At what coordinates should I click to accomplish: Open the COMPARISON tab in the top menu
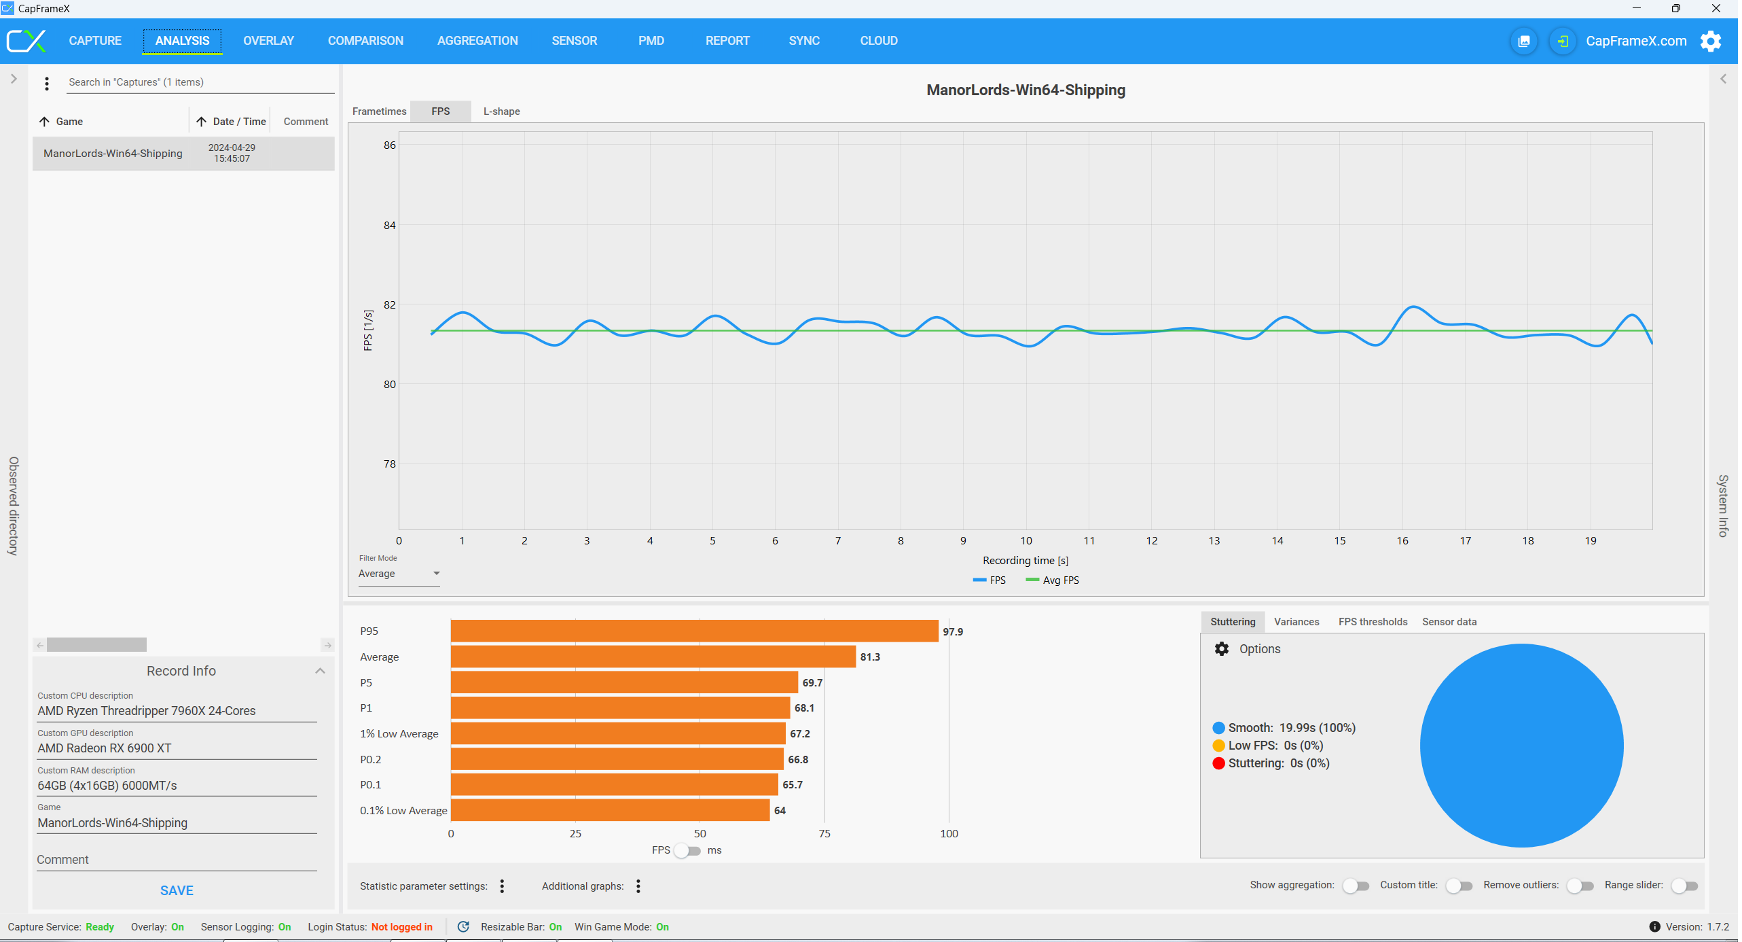(365, 41)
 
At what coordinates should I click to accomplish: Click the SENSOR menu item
(575, 41)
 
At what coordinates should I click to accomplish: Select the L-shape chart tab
(502, 111)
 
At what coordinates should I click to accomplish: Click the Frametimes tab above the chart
(379, 111)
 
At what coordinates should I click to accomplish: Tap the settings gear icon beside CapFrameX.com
(1711, 41)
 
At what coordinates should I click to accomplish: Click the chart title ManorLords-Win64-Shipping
(1026, 90)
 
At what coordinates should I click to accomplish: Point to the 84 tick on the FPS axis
(389, 226)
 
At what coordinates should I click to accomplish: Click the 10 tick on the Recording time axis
(1026, 541)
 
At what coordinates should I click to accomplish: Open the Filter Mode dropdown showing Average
(399, 574)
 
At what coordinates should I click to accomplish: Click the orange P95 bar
(694, 631)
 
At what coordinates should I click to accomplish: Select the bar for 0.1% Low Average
(610, 811)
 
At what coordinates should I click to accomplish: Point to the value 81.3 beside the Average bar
(870, 657)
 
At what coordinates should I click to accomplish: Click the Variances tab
(1296, 622)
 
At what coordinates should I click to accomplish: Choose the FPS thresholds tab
(1373, 622)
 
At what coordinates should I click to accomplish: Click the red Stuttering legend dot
(1219, 764)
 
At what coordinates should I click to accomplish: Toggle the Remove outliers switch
(1580, 886)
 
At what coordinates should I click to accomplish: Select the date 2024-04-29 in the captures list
(232, 147)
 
